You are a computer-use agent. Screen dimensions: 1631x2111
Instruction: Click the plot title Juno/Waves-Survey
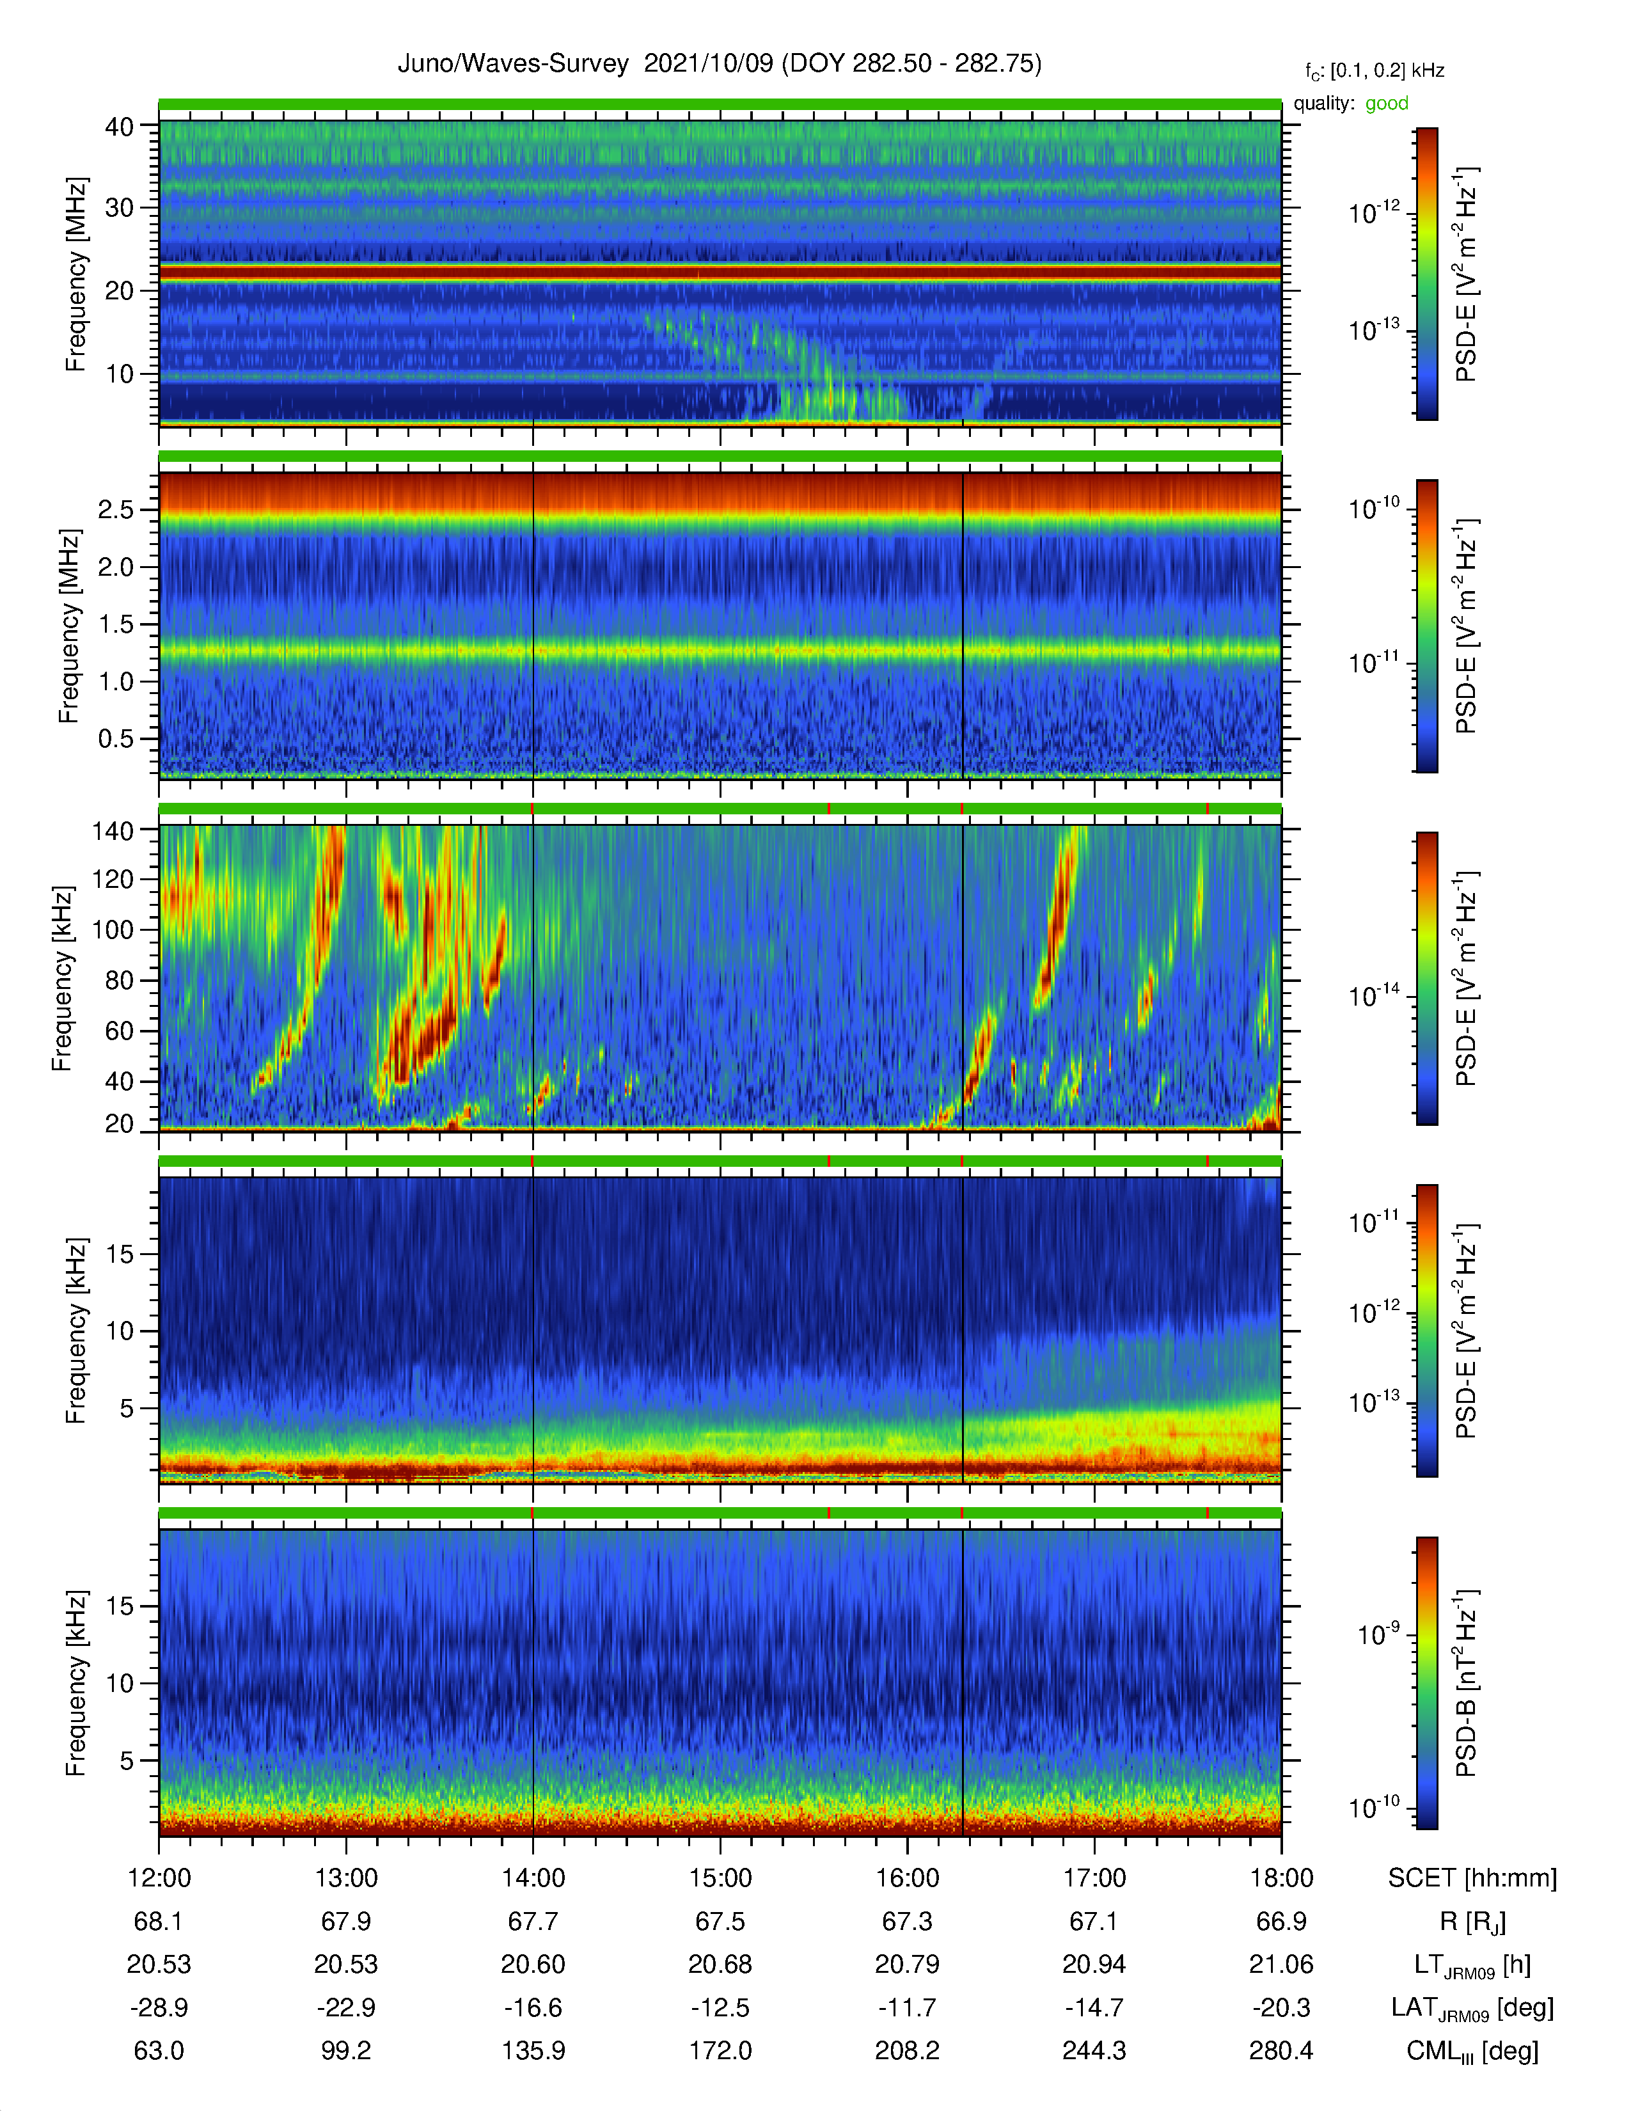click(513, 64)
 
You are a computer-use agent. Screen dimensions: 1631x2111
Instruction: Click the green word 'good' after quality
click(1387, 104)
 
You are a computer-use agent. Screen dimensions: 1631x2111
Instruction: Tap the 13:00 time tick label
click(346, 1877)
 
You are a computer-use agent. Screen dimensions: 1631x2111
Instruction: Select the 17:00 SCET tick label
click(1094, 1877)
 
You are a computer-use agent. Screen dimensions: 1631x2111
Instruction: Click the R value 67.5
click(720, 1920)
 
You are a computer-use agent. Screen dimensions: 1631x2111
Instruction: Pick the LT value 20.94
click(1094, 1964)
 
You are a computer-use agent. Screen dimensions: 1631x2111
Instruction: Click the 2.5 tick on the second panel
click(116, 509)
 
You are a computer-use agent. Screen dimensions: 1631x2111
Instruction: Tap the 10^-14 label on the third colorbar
click(1373, 995)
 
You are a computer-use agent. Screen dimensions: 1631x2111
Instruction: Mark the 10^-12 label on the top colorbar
click(1373, 212)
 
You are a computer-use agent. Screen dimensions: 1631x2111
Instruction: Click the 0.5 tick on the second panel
click(116, 738)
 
